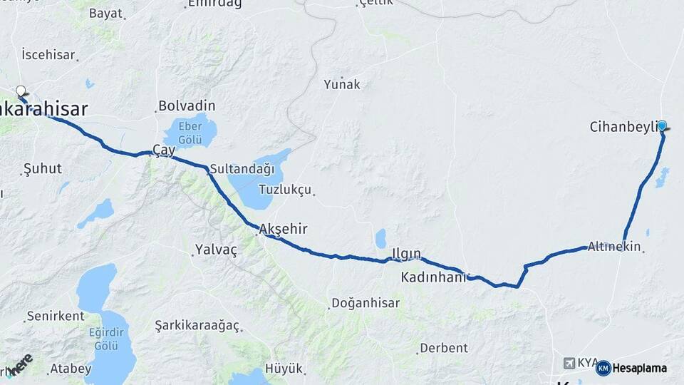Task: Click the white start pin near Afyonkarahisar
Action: click(21, 91)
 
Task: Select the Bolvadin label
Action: click(187, 106)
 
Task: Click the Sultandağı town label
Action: click(242, 169)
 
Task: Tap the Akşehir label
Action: click(284, 229)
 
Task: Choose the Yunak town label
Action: click(342, 85)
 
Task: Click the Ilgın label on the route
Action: click(406, 253)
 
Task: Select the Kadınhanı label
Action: click(432, 277)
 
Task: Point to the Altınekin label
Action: click(613, 247)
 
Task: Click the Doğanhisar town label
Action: click(366, 303)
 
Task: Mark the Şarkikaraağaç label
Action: click(197, 326)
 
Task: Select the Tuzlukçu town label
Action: click(285, 190)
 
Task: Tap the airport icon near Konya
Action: click(569, 363)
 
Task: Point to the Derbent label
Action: click(444, 348)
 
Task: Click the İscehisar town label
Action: click(48, 54)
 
